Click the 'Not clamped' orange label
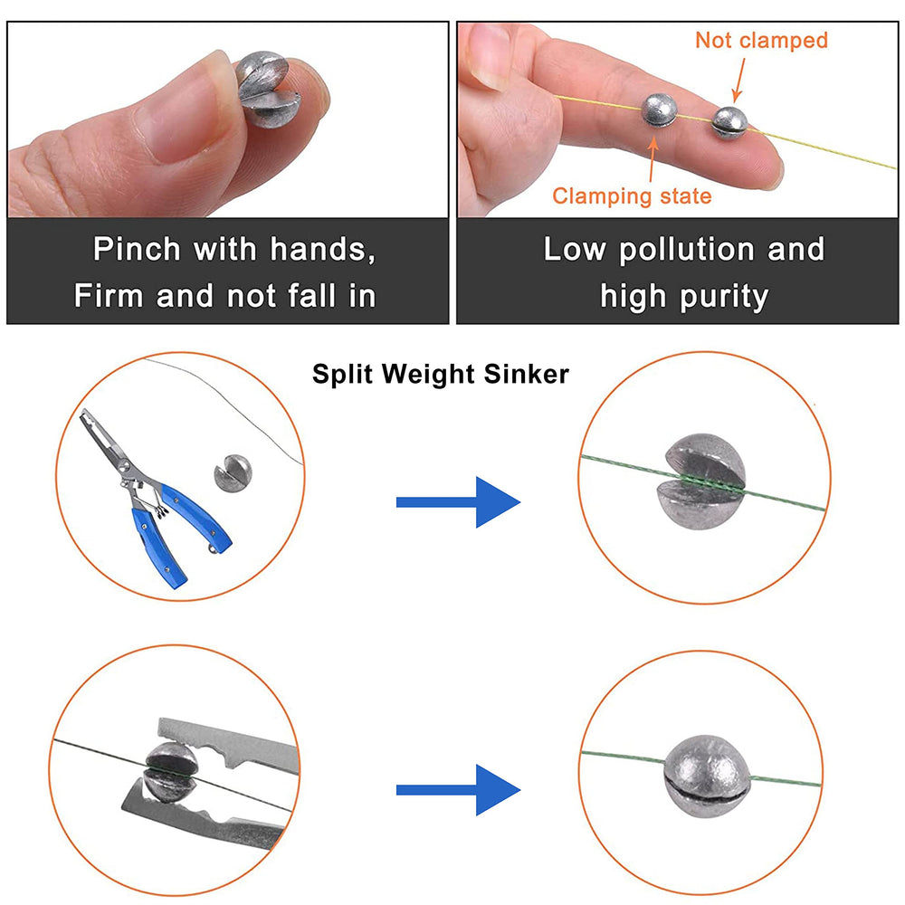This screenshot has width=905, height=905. point(761,40)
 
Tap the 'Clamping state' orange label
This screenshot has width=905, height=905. point(632,195)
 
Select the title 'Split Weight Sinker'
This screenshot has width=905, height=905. point(441,374)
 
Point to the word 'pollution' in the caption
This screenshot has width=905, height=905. point(684,250)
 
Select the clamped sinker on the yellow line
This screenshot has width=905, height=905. point(661,112)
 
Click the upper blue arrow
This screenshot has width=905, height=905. point(458,501)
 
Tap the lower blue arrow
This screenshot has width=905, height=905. point(458,790)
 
